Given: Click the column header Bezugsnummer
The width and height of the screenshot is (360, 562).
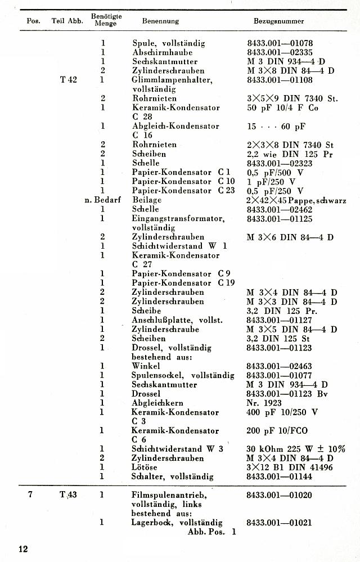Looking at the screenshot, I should [x=279, y=21].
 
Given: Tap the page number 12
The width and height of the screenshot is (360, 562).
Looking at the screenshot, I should [x=22, y=549].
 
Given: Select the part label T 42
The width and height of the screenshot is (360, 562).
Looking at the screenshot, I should [x=68, y=80].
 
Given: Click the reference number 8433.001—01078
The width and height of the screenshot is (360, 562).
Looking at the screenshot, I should [x=280, y=43].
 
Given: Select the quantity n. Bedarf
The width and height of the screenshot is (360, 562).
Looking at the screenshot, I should [x=100, y=200].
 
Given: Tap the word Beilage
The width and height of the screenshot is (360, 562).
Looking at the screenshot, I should [x=146, y=200].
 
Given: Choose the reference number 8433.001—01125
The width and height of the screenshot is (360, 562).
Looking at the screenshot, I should [x=280, y=218].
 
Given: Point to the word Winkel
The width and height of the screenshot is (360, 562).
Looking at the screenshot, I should [x=145, y=366].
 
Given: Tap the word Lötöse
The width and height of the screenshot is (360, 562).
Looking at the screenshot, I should [x=144, y=467].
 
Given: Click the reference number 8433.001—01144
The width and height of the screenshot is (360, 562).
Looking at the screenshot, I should [x=280, y=476].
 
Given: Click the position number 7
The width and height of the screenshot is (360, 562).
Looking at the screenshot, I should [x=31, y=495].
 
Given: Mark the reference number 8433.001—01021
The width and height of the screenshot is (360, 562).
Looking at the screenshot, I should [x=280, y=523].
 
